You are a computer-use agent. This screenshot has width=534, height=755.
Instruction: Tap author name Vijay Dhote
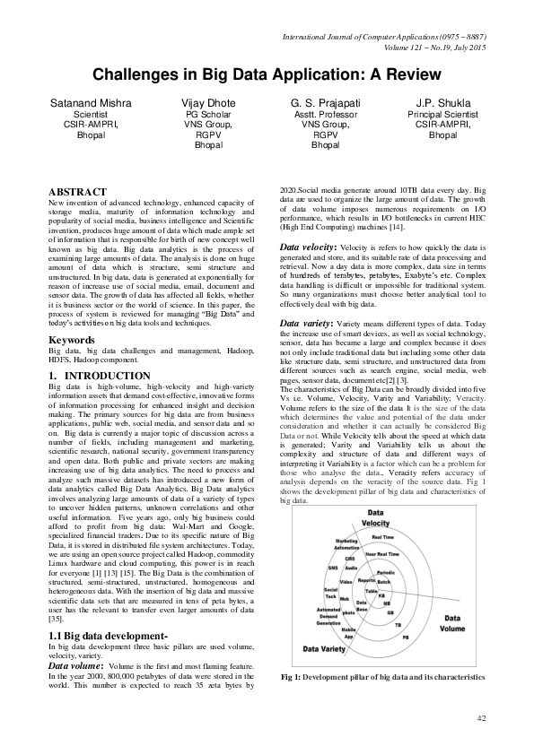208,105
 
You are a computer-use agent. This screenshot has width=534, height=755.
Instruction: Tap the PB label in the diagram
405,636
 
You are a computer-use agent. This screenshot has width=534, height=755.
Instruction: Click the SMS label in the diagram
332,568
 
